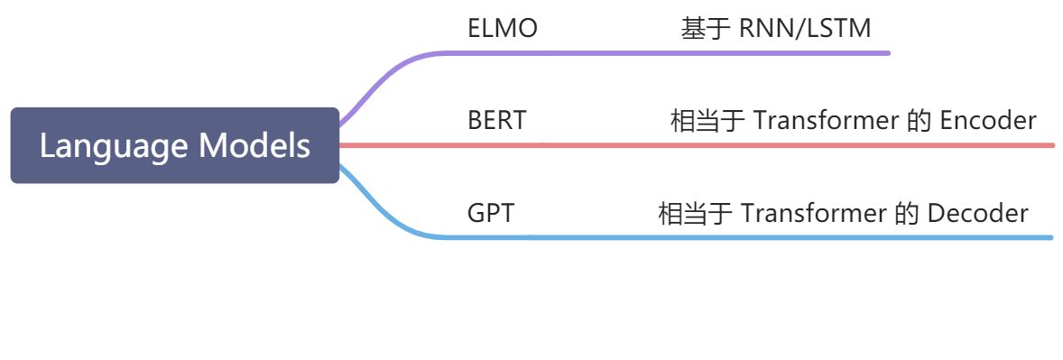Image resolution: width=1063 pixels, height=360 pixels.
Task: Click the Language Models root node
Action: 175,145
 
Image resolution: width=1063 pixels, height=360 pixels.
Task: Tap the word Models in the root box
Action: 254,145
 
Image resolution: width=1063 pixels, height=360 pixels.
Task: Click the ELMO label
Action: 503,29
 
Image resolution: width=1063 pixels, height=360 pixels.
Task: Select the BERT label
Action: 496,120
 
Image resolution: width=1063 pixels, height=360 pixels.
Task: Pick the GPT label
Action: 492,214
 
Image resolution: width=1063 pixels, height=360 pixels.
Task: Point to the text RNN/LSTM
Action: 805,29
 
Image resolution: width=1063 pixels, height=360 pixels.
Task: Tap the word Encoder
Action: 988,120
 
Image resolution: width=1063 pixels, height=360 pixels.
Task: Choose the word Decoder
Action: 978,214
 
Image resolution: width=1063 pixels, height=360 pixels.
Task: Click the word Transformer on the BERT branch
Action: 826,120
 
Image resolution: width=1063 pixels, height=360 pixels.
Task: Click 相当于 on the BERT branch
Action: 707,120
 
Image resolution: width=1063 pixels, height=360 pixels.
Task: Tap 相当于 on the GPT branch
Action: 695,214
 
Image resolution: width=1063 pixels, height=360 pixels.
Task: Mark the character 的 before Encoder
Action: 918,120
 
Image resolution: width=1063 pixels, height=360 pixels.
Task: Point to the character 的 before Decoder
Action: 905,214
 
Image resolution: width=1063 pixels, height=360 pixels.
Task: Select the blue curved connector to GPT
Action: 379,212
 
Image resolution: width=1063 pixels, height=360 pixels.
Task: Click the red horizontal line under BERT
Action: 722,144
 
